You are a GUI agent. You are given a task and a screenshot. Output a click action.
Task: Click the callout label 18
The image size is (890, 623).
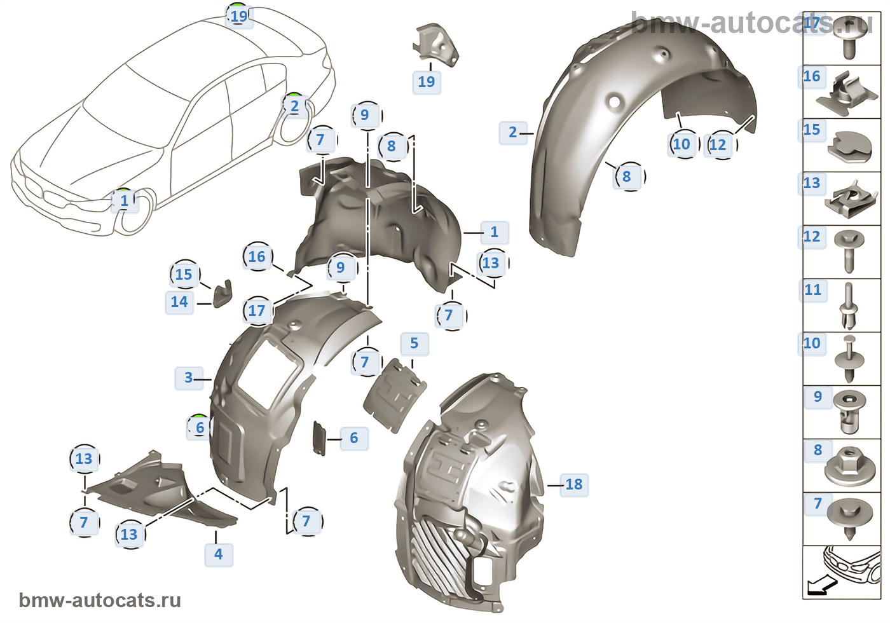coord(573,484)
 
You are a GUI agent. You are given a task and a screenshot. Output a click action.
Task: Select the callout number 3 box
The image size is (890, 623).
coord(188,378)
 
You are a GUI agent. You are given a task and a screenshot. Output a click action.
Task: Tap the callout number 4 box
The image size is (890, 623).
coord(218,554)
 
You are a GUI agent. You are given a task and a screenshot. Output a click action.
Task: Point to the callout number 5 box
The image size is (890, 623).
coord(414,343)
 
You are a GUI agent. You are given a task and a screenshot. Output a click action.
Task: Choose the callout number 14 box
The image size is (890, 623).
coord(179,302)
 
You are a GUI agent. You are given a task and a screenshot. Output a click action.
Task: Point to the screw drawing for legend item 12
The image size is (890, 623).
coord(849,250)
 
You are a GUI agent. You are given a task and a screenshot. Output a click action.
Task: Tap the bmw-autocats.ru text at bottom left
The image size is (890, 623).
coord(100,600)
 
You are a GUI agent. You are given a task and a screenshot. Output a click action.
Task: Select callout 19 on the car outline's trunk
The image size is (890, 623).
coord(239,16)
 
